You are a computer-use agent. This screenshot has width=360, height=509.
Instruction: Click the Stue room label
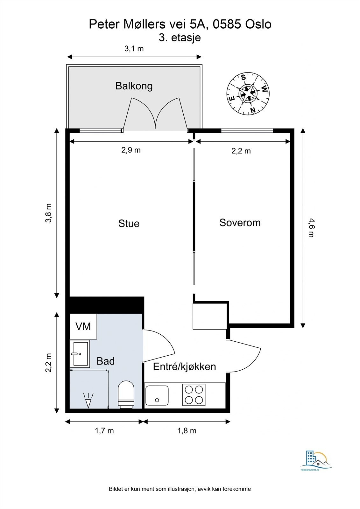129,223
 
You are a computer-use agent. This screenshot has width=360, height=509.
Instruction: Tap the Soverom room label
240,222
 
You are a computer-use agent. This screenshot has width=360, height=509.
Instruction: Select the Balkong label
134,86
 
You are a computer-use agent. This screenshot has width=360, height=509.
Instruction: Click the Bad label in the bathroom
106,361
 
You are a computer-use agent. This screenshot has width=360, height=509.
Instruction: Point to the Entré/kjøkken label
184,366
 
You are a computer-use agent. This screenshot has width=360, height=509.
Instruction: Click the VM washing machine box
83,326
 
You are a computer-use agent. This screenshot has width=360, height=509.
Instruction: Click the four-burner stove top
194,395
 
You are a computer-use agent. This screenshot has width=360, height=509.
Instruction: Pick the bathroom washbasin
80,354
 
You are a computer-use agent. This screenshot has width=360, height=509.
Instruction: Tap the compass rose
248,94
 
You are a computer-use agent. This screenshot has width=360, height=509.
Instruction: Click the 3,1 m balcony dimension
134,49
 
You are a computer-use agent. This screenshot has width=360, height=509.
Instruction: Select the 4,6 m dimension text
311,228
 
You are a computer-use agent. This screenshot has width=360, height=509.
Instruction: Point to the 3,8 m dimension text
48,213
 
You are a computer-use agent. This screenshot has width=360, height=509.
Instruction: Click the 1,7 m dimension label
104,431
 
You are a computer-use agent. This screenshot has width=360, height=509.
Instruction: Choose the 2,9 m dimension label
131,150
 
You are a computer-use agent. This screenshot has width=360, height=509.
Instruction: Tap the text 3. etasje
180,38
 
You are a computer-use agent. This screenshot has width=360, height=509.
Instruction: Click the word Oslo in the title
258,24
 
